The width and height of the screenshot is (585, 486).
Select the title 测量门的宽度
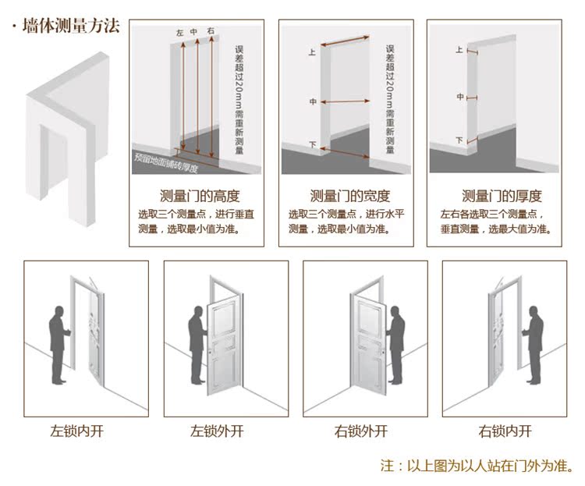(349, 196)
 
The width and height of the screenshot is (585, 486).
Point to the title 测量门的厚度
(502, 196)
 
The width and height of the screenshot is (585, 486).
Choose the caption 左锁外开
(218, 431)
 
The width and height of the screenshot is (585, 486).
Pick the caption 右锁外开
(361, 431)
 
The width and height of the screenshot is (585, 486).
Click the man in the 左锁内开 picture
(58, 343)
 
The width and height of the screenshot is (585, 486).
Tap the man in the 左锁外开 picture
(197, 343)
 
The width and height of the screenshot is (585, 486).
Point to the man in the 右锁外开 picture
(397, 343)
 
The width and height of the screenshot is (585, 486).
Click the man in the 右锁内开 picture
(535, 343)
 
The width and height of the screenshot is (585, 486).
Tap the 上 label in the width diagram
(312, 54)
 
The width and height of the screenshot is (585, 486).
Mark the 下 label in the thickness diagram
(459, 140)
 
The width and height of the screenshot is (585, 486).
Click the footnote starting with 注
(477, 466)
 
